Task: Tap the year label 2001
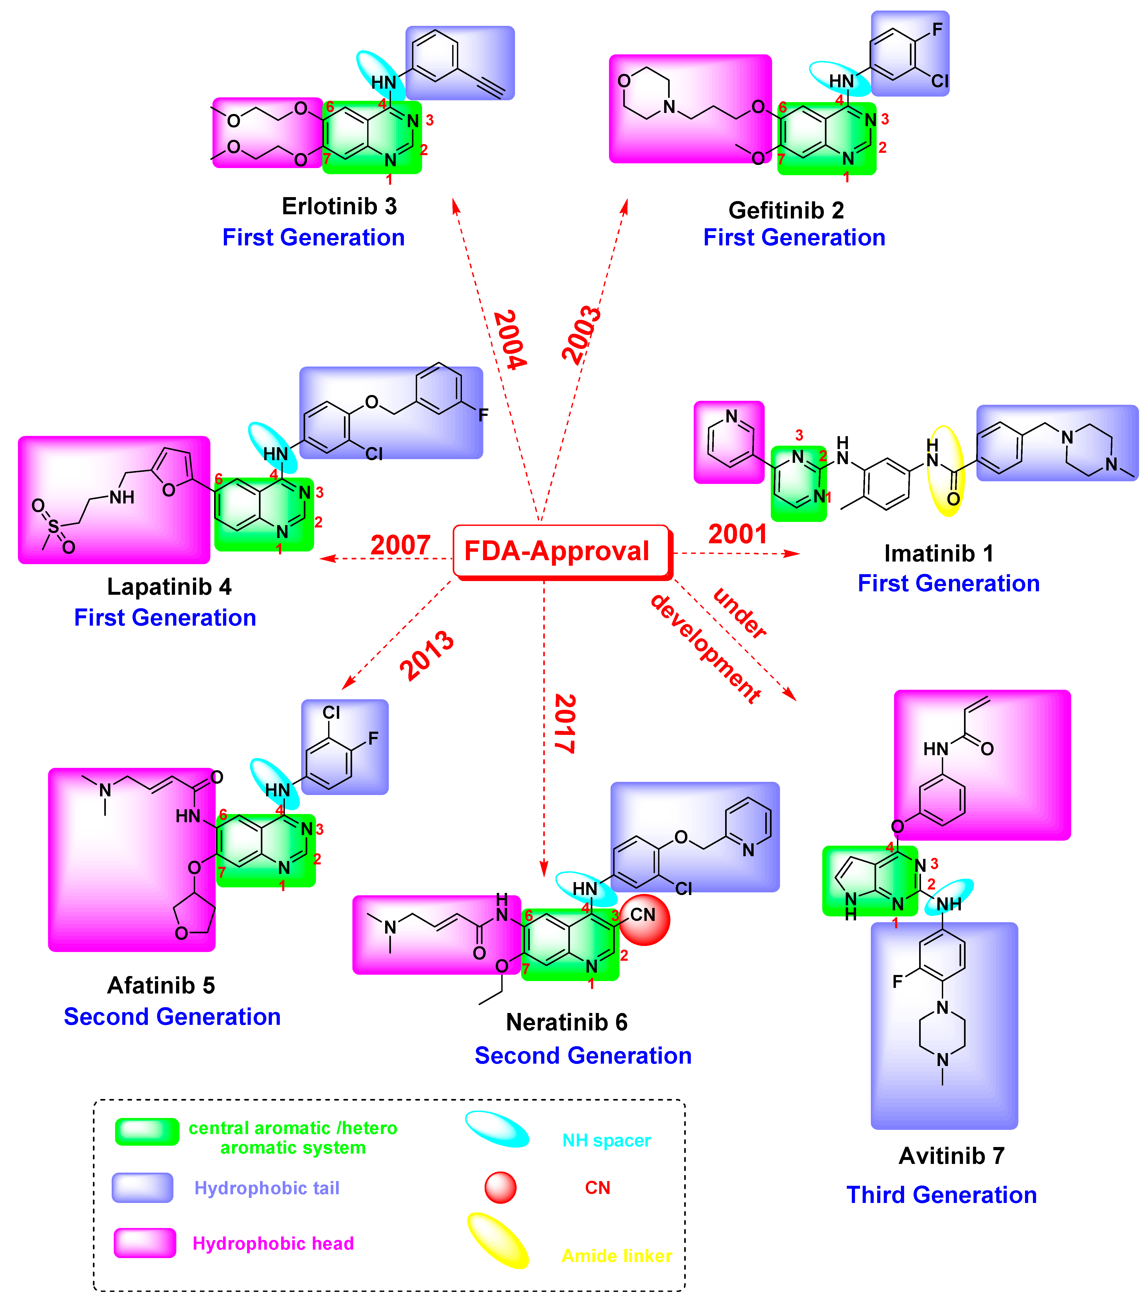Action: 737,534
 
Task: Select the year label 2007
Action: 400,545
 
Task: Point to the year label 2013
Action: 427,655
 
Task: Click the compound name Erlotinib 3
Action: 339,206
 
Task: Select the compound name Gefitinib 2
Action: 786,210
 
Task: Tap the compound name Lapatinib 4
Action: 169,586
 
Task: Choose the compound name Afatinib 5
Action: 161,985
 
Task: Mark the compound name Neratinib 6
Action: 566,1022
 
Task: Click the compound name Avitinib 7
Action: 951,1155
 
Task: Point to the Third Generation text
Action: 941,1195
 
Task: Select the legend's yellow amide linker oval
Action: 498,1240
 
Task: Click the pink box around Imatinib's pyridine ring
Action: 729,442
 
